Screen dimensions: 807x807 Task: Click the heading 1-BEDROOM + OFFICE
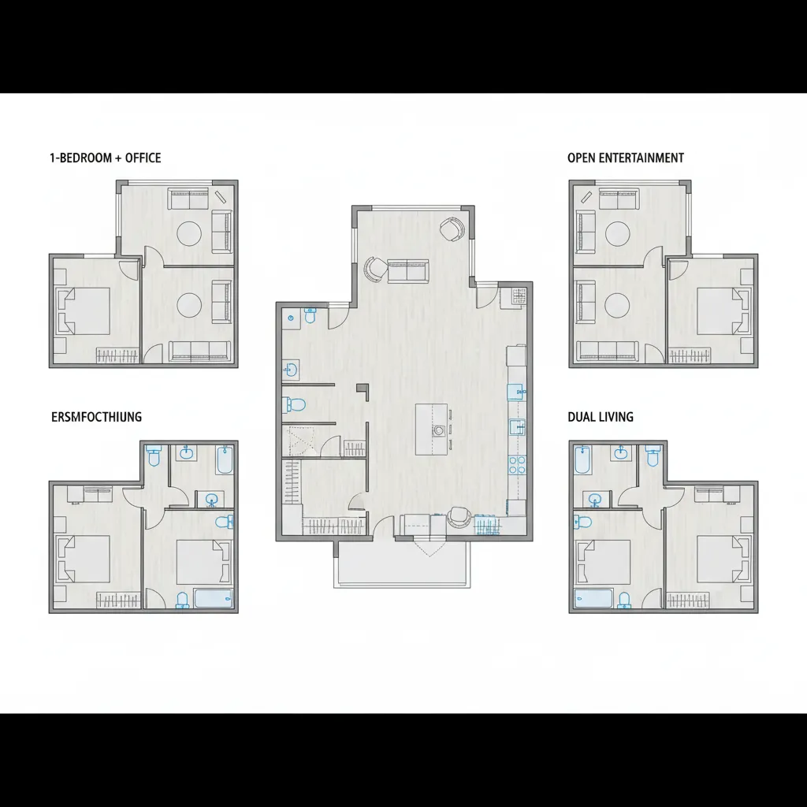click(x=105, y=158)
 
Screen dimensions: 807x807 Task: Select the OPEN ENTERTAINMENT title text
click(x=625, y=158)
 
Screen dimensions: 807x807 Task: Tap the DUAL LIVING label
click(x=600, y=417)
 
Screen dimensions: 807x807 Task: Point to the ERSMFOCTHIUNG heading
click(x=96, y=417)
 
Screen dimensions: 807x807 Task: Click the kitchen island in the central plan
click(x=431, y=430)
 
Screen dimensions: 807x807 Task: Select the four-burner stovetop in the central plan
click(x=517, y=464)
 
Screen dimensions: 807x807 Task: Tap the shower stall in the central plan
click(x=299, y=441)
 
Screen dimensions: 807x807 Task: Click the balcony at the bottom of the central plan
click(x=402, y=564)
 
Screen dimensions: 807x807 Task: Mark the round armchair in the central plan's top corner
click(x=452, y=229)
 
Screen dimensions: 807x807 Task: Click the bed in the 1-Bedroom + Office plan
click(x=84, y=311)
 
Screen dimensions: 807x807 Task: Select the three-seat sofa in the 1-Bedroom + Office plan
click(x=199, y=351)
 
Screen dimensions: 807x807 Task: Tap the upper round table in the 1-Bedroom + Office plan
click(x=189, y=232)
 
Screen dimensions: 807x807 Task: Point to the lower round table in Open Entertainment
click(x=617, y=304)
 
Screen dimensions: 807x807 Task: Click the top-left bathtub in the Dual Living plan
click(x=582, y=460)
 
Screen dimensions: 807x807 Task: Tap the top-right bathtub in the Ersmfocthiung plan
click(x=225, y=460)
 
